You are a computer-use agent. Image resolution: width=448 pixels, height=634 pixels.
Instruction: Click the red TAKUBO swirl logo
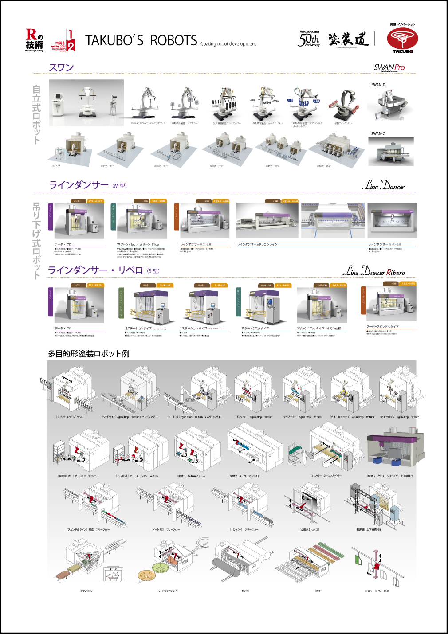coord(402,39)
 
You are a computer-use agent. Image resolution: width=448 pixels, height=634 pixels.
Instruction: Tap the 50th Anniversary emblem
coord(309,40)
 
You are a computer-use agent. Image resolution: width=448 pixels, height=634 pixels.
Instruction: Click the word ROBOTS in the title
coord(173,41)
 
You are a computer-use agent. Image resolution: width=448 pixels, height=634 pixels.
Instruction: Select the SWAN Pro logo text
coord(389,67)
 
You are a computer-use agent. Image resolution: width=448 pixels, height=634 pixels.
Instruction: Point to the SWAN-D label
coord(378,85)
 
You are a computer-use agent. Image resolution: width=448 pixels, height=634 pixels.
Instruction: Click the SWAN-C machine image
coord(391,152)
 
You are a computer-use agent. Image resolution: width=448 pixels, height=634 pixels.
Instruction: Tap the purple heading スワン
coord(61,68)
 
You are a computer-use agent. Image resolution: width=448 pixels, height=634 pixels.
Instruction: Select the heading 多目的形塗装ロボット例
coord(88,354)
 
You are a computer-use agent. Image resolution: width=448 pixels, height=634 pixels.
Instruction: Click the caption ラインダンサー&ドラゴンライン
coord(257,244)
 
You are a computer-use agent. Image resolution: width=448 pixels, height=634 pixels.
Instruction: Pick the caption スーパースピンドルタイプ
coord(382,327)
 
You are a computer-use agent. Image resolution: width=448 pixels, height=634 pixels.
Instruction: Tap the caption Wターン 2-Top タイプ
coord(255,329)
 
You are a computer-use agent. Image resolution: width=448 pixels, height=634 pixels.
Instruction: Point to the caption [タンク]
coord(245,591)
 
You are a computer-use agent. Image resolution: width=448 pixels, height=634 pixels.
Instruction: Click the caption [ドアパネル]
coord(86,591)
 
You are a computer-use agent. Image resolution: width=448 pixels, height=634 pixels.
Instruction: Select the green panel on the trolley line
coord(358,560)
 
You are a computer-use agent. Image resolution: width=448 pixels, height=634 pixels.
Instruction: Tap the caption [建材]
coord(318,591)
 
